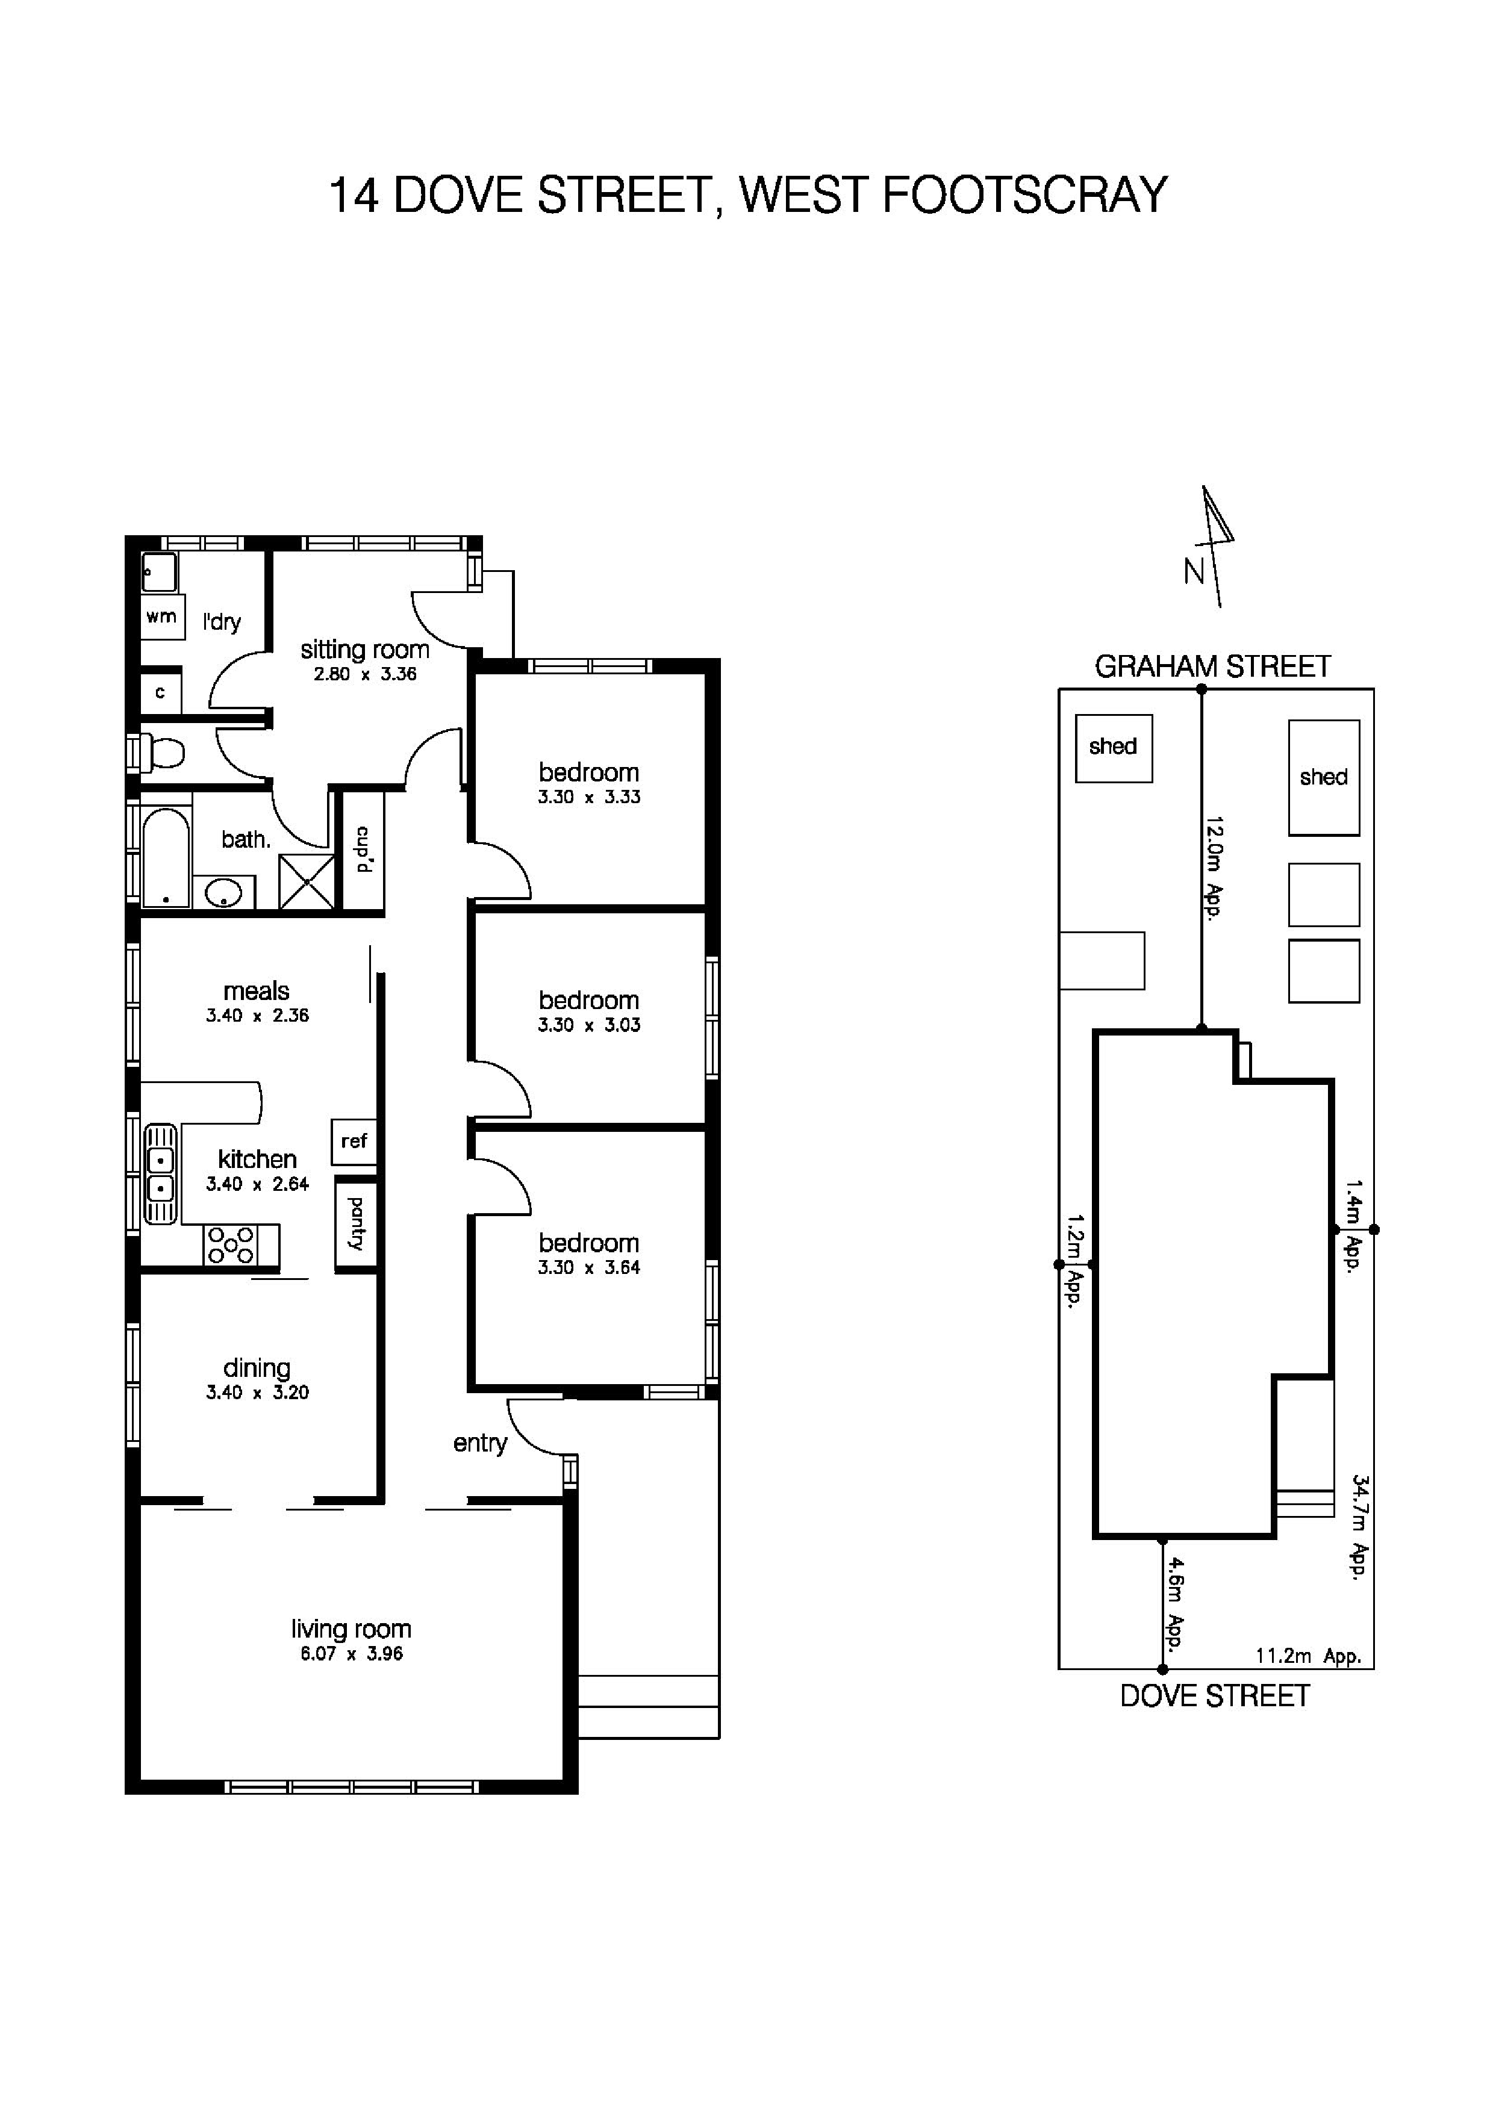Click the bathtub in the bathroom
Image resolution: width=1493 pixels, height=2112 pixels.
tap(166, 857)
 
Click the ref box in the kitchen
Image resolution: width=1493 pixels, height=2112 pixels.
tap(354, 1141)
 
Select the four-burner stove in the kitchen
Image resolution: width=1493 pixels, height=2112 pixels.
tap(230, 1246)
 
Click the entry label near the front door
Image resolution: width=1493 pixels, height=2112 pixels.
tap(480, 1443)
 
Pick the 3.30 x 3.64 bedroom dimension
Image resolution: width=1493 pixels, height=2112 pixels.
tap(589, 1267)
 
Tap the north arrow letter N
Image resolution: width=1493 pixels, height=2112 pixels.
tap(1193, 572)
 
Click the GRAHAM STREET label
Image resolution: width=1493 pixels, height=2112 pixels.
tap(1212, 666)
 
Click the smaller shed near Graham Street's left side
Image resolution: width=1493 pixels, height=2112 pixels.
tap(1113, 748)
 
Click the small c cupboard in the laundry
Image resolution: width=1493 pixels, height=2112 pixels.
tap(160, 692)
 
